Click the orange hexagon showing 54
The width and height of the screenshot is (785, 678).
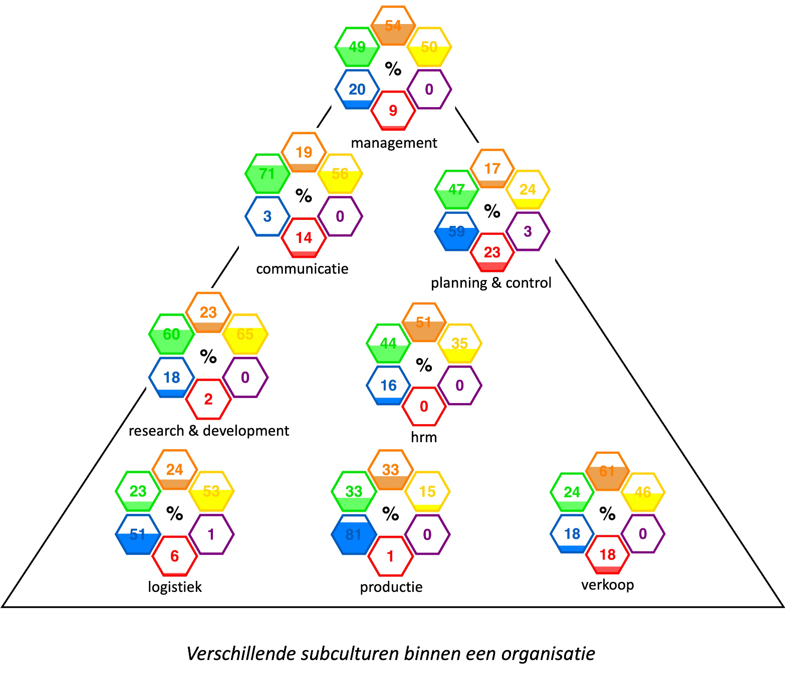click(x=393, y=26)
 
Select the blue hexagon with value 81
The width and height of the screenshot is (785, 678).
click(x=354, y=534)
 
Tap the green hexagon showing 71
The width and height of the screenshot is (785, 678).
click(x=268, y=174)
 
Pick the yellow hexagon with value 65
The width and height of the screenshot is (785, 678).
click(x=245, y=334)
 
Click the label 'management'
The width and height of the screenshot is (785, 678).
click(x=394, y=143)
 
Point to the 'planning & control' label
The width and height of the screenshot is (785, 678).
click(x=491, y=283)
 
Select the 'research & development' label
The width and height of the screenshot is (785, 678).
click(x=209, y=431)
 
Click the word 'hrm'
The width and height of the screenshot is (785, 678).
click(x=424, y=437)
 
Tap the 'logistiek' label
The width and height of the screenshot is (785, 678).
click(x=175, y=587)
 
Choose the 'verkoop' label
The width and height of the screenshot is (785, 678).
click(x=608, y=585)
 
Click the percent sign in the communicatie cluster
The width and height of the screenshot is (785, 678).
click(x=304, y=196)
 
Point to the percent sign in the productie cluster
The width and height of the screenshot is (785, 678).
click(x=390, y=514)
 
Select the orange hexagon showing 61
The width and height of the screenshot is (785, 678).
click(x=607, y=472)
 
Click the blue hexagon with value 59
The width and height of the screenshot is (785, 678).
click(x=456, y=231)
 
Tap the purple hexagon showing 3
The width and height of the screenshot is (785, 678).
click(x=528, y=231)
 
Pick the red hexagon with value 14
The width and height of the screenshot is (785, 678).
click(x=304, y=238)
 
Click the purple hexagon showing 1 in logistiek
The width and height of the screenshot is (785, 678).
click(x=211, y=534)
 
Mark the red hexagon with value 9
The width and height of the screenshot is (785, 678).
click(x=393, y=111)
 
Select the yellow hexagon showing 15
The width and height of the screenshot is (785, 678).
click(x=427, y=492)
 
